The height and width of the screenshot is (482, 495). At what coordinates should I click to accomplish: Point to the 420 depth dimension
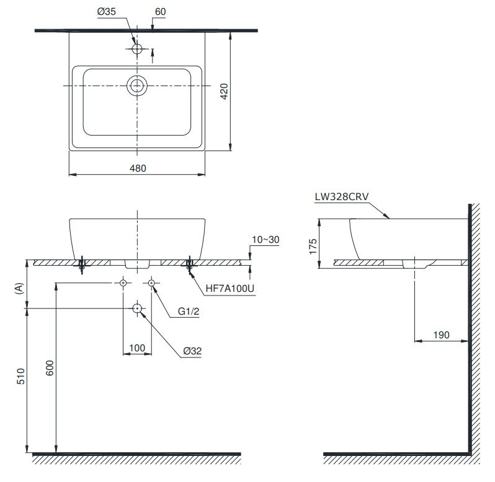coord(225,91)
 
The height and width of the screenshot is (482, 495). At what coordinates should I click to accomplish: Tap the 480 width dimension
coord(138,168)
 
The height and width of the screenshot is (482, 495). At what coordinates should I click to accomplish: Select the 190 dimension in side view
coord(441,335)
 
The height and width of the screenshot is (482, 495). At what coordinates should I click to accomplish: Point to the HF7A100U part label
coord(231,288)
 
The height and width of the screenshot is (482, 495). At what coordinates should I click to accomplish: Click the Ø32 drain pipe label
coord(192,351)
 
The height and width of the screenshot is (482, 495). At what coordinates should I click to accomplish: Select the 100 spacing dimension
coord(137,348)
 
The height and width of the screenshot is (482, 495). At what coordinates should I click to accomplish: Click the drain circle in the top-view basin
coord(136,85)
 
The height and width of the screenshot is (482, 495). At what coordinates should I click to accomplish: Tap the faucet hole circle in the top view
coord(137,48)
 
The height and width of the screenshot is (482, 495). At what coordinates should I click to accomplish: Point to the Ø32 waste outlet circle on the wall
coord(137,308)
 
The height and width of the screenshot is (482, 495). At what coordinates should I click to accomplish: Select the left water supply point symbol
coord(123,283)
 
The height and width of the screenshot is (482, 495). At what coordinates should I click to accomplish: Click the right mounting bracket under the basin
coord(189,265)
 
